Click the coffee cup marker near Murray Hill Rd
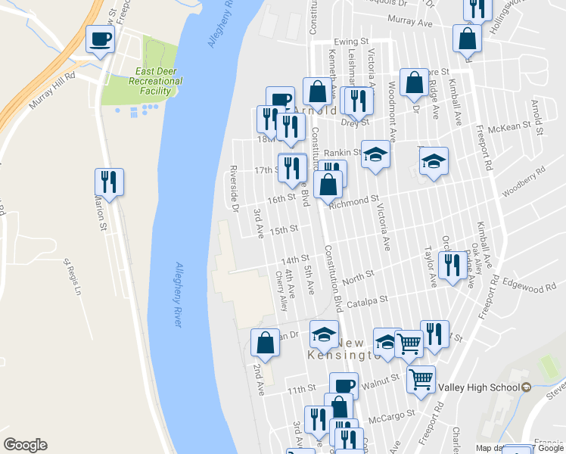pyautogui.click(x=99, y=39)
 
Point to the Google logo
pyautogui.click(x=25, y=445)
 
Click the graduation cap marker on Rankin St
pyautogui.click(x=375, y=154)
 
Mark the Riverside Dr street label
pyautogui.click(x=235, y=188)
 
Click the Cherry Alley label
pyautogui.click(x=282, y=292)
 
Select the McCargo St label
pyautogui.click(x=391, y=415)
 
